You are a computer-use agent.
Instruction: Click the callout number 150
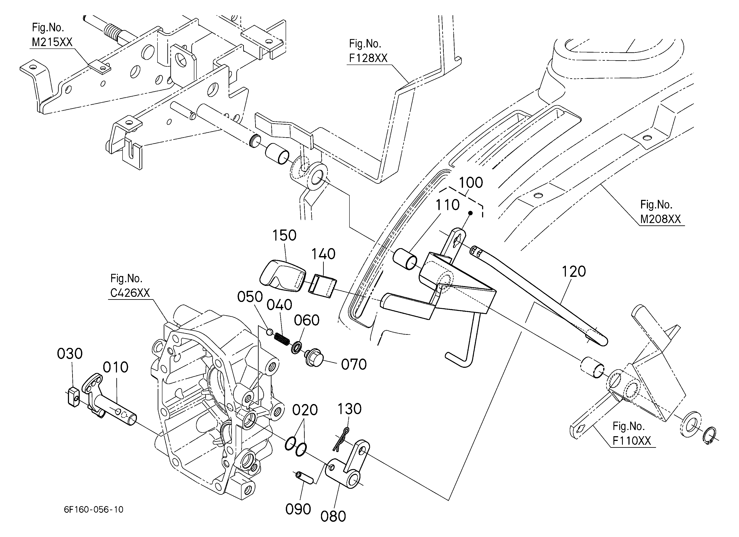coord(284,235)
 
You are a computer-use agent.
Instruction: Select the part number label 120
coord(574,272)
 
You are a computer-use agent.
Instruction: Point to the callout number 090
coord(298,509)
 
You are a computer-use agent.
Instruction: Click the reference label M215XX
coord(52,42)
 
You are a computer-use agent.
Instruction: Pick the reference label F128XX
coord(368,58)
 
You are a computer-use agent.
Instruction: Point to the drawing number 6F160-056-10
coord(94,510)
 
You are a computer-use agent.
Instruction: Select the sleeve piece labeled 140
coord(323,286)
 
